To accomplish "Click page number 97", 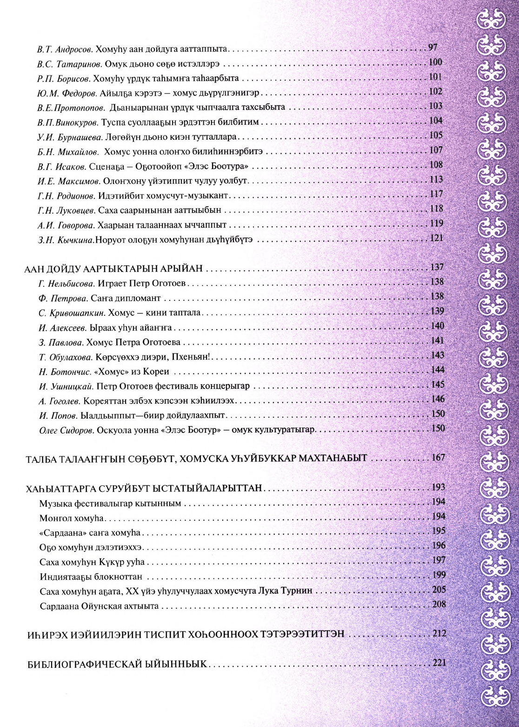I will pos(432,48).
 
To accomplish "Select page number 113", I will pos(436,180).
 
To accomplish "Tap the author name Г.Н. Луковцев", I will pos(67,211).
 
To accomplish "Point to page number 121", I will pos(436,238).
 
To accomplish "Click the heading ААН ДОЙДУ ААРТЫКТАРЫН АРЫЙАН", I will pos(114,269).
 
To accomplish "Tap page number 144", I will pos(438,370).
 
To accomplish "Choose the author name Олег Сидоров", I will pos(67,430).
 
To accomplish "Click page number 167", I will pos(438,458).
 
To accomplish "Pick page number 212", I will pos(439,634).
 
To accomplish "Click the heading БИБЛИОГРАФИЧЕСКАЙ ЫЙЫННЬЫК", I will pos(117,664).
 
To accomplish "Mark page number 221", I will pos(439,663).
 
